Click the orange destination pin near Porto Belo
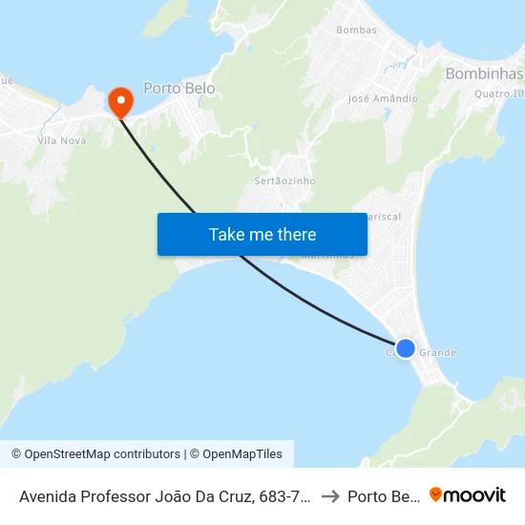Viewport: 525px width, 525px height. pyautogui.click(x=121, y=100)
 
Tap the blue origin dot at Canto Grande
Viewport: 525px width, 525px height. pyautogui.click(x=405, y=348)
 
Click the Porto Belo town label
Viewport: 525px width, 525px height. pyautogui.click(x=178, y=88)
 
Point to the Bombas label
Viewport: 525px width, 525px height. pyautogui.click(x=356, y=30)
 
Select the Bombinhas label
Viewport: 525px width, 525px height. pyautogui.click(x=484, y=73)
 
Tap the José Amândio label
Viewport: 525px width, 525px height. pyautogui.click(x=383, y=98)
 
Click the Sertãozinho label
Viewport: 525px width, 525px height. pyautogui.click(x=284, y=180)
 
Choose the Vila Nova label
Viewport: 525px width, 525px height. pyautogui.click(x=61, y=140)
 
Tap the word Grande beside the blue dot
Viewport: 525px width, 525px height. pyautogui.click(x=438, y=353)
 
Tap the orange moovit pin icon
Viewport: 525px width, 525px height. pyautogui.click(x=436, y=494)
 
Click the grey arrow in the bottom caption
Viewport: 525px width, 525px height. pyautogui.click(x=330, y=495)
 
